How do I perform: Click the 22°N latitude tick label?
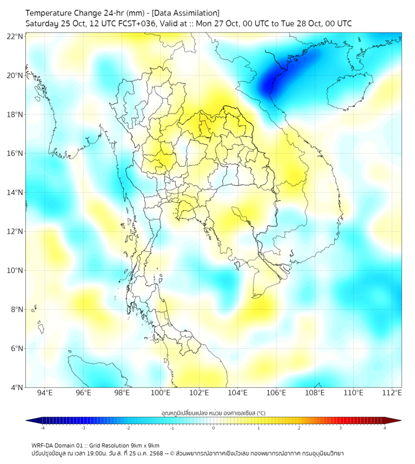point(15,37)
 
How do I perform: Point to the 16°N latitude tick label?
point(15,153)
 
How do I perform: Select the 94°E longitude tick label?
point(45,393)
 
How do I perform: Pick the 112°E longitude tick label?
point(392,393)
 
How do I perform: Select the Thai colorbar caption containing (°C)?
point(213,412)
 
